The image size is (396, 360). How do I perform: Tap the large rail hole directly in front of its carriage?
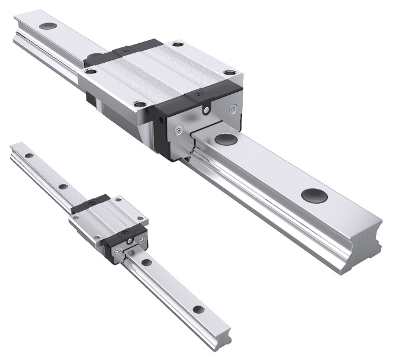(x=224, y=139)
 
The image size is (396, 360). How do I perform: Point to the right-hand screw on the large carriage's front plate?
(x=233, y=108)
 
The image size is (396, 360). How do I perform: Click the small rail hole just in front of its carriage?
(x=146, y=261)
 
